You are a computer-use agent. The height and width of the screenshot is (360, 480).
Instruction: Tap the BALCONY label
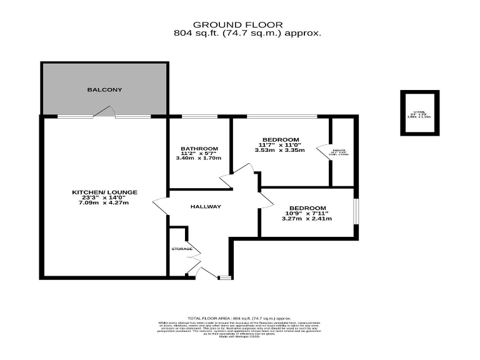[x=104, y=90]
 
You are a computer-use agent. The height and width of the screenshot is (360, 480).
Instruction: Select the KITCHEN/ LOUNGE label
[x=104, y=192]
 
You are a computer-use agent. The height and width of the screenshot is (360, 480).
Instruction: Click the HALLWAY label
[x=206, y=207]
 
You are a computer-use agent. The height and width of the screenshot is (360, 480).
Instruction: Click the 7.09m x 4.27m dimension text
[x=104, y=203]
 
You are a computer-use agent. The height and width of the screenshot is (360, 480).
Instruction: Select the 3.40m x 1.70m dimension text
[x=199, y=158]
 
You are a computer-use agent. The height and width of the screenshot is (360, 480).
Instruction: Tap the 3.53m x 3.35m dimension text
[x=280, y=150]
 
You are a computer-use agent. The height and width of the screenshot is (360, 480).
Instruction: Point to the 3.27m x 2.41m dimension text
[x=306, y=219]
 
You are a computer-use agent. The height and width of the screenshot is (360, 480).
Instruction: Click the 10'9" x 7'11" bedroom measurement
[x=306, y=213]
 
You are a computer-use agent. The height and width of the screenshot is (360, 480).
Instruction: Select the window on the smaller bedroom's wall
[x=356, y=211]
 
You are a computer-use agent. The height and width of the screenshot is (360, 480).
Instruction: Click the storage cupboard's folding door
[x=194, y=252]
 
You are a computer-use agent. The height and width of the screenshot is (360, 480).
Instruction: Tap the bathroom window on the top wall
[x=196, y=116]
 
